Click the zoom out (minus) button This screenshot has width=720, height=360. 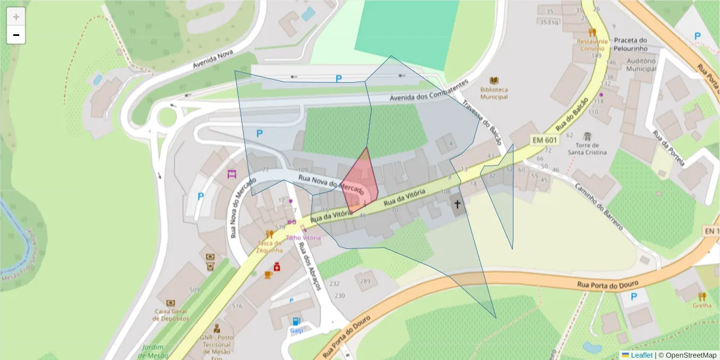[16, 35]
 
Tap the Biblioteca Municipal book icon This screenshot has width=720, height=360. [494, 80]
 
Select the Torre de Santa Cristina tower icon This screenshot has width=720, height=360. [587, 136]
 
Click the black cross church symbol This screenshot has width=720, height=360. [457, 205]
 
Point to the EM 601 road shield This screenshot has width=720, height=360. [545, 139]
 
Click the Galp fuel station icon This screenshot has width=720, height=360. [296, 321]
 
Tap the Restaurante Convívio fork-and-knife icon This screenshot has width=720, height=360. [592, 32]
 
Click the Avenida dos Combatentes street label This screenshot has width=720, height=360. [428, 91]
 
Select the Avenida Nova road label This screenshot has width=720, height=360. [212, 59]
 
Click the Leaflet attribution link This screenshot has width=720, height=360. [641, 355]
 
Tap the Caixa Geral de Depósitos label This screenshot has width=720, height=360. [171, 314]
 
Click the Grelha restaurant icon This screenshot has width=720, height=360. [701, 296]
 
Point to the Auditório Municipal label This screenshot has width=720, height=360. [641, 65]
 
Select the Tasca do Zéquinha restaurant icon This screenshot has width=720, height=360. [269, 234]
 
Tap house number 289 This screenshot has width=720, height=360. [365, 281]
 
